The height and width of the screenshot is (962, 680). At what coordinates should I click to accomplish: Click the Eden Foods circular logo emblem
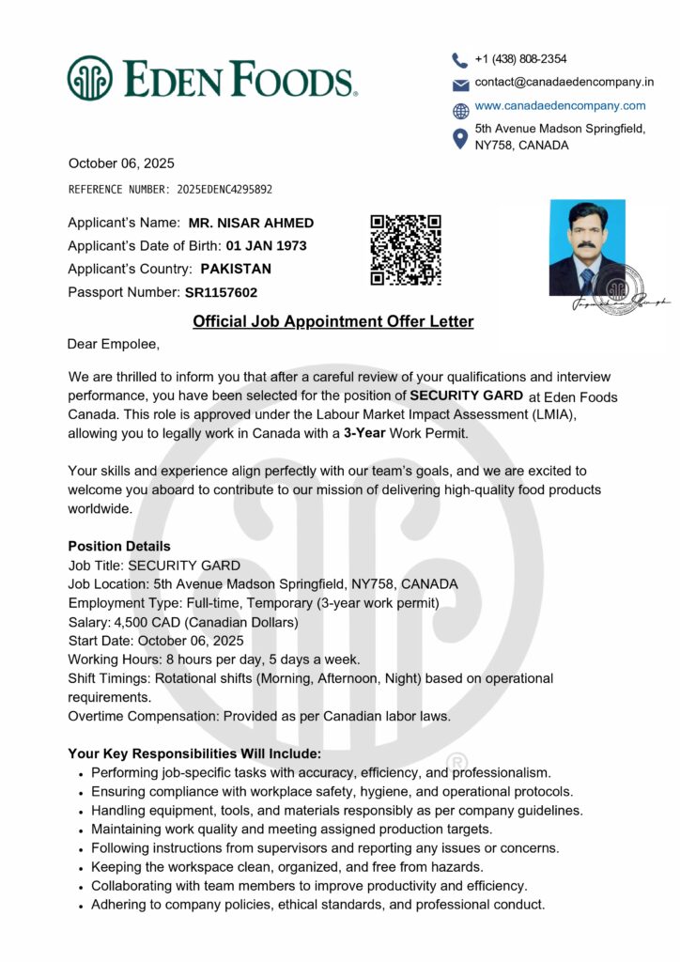pyautogui.click(x=89, y=78)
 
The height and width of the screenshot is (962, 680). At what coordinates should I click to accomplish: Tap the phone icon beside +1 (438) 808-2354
pyautogui.click(x=459, y=59)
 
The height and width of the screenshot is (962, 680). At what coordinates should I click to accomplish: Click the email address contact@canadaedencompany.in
pyautogui.click(x=564, y=83)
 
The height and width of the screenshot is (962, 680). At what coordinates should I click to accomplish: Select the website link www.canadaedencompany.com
pyautogui.click(x=560, y=106)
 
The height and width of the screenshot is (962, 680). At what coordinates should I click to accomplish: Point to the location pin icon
pyautogui.click(x=459, y=138)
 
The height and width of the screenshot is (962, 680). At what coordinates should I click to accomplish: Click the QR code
pyautogui.click(x=406, y=250)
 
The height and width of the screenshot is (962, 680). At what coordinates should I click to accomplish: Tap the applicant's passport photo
pyautogui.click(x=587, y=247)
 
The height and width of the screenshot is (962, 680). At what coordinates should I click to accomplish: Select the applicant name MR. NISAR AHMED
pyautogui.click(x=251, y=224)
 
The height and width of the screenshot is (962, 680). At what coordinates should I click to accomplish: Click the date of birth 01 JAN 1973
pyautogui.click(x=266, y=246)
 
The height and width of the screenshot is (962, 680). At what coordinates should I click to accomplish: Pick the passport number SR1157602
pyautogui.click(x=221, y=292)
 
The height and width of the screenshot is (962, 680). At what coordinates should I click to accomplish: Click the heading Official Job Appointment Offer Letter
pyautogui.click(x=332, y=322)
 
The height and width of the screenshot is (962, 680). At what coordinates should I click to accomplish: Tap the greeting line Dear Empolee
pyautogui.click(x=106, y=345)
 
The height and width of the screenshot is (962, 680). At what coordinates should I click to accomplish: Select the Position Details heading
pyautogui.click(x=119, y=546)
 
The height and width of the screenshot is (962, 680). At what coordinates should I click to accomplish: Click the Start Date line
pyautogui.click(x=155, y=641)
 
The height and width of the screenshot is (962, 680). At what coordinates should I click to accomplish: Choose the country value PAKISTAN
pyautogui.click(x=236, y=269)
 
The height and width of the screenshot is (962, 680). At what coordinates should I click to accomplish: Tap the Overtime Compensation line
pyautogui.click(x=258, y=716)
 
